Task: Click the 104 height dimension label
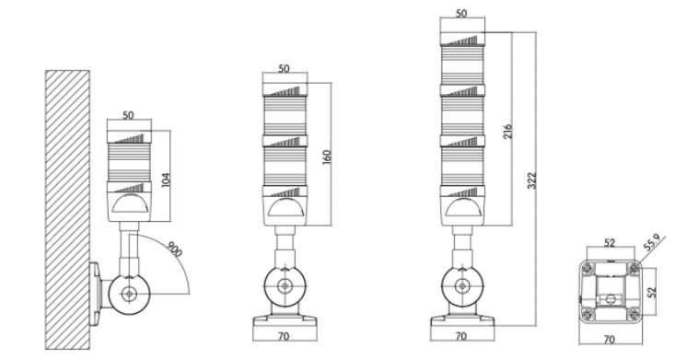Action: point(166,180)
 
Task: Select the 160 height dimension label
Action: point(327,157)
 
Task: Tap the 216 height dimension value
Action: point(507,132)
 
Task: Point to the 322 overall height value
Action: point(531,180)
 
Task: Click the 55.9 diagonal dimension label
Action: point(651,243)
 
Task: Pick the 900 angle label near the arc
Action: point(175,249)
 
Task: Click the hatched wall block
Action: point(67,210)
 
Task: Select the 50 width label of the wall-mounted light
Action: point(128,115)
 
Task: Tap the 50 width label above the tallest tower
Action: point(461,14)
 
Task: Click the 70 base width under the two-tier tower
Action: point(284,336)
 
